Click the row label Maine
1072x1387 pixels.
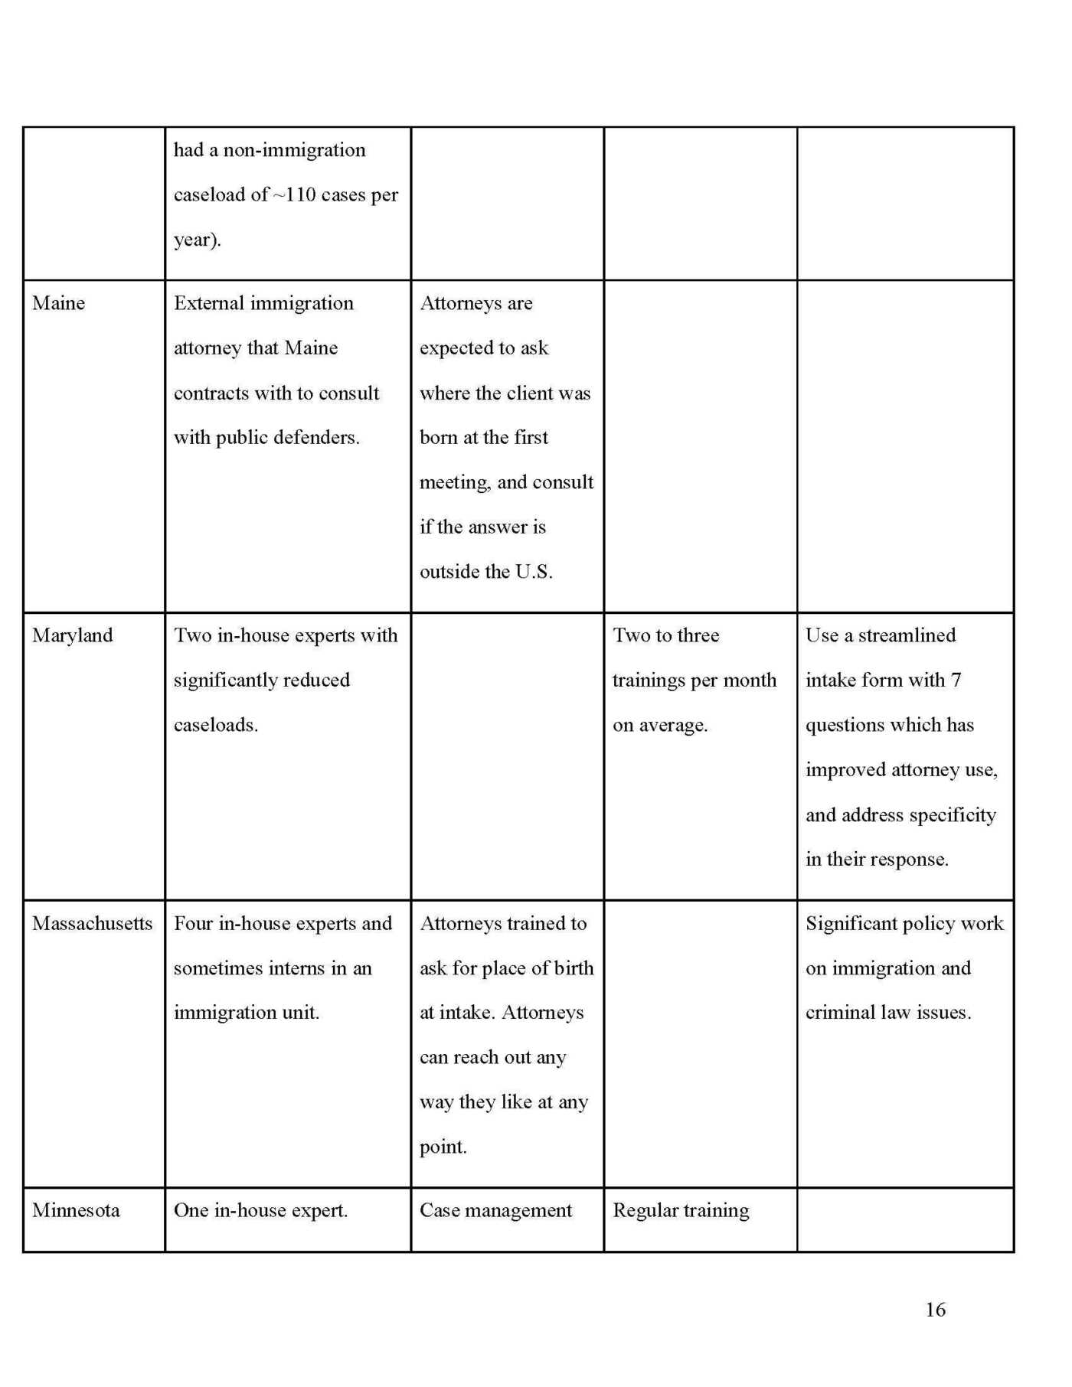pos(58,303)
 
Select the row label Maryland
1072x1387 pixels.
pos(72,635)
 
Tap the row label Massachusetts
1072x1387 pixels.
pos(92,923)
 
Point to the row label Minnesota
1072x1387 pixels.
pos(76,1210)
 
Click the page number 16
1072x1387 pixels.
pos(935,1310)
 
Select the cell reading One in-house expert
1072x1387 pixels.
pos(260,1210)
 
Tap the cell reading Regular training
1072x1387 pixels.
pos(681,1210)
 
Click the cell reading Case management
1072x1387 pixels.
pos(495,1210)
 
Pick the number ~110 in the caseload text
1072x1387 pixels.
pos(294,195)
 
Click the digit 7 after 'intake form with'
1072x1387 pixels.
pos(956,680)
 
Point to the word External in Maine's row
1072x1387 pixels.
pos(209,303)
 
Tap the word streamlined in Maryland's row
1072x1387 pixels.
pos(907,635)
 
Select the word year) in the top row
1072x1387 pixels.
pos(197,240)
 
